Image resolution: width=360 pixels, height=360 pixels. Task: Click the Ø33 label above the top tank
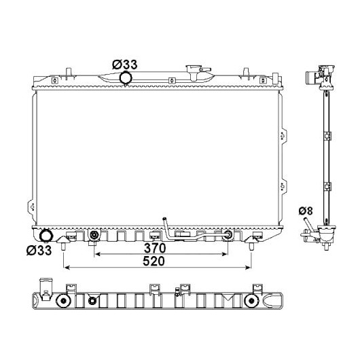tap(125, 65)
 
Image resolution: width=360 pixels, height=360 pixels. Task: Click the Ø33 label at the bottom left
tap(39, 250)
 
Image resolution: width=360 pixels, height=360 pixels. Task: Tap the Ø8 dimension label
tap(306, 211)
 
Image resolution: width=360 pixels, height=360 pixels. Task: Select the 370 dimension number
tap(155, 248)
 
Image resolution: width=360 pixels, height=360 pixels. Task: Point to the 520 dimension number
tap(154, 261)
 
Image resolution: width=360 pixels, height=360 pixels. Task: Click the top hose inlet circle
tap(126, 78)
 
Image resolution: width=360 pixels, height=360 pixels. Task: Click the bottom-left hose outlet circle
tap(46, 235)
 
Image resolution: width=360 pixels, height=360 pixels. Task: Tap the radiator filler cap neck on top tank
tap(194, 73)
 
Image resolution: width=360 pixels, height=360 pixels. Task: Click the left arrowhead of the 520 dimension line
tap(67, 268)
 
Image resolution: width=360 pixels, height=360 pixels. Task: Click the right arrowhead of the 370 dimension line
tap(224, 254)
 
